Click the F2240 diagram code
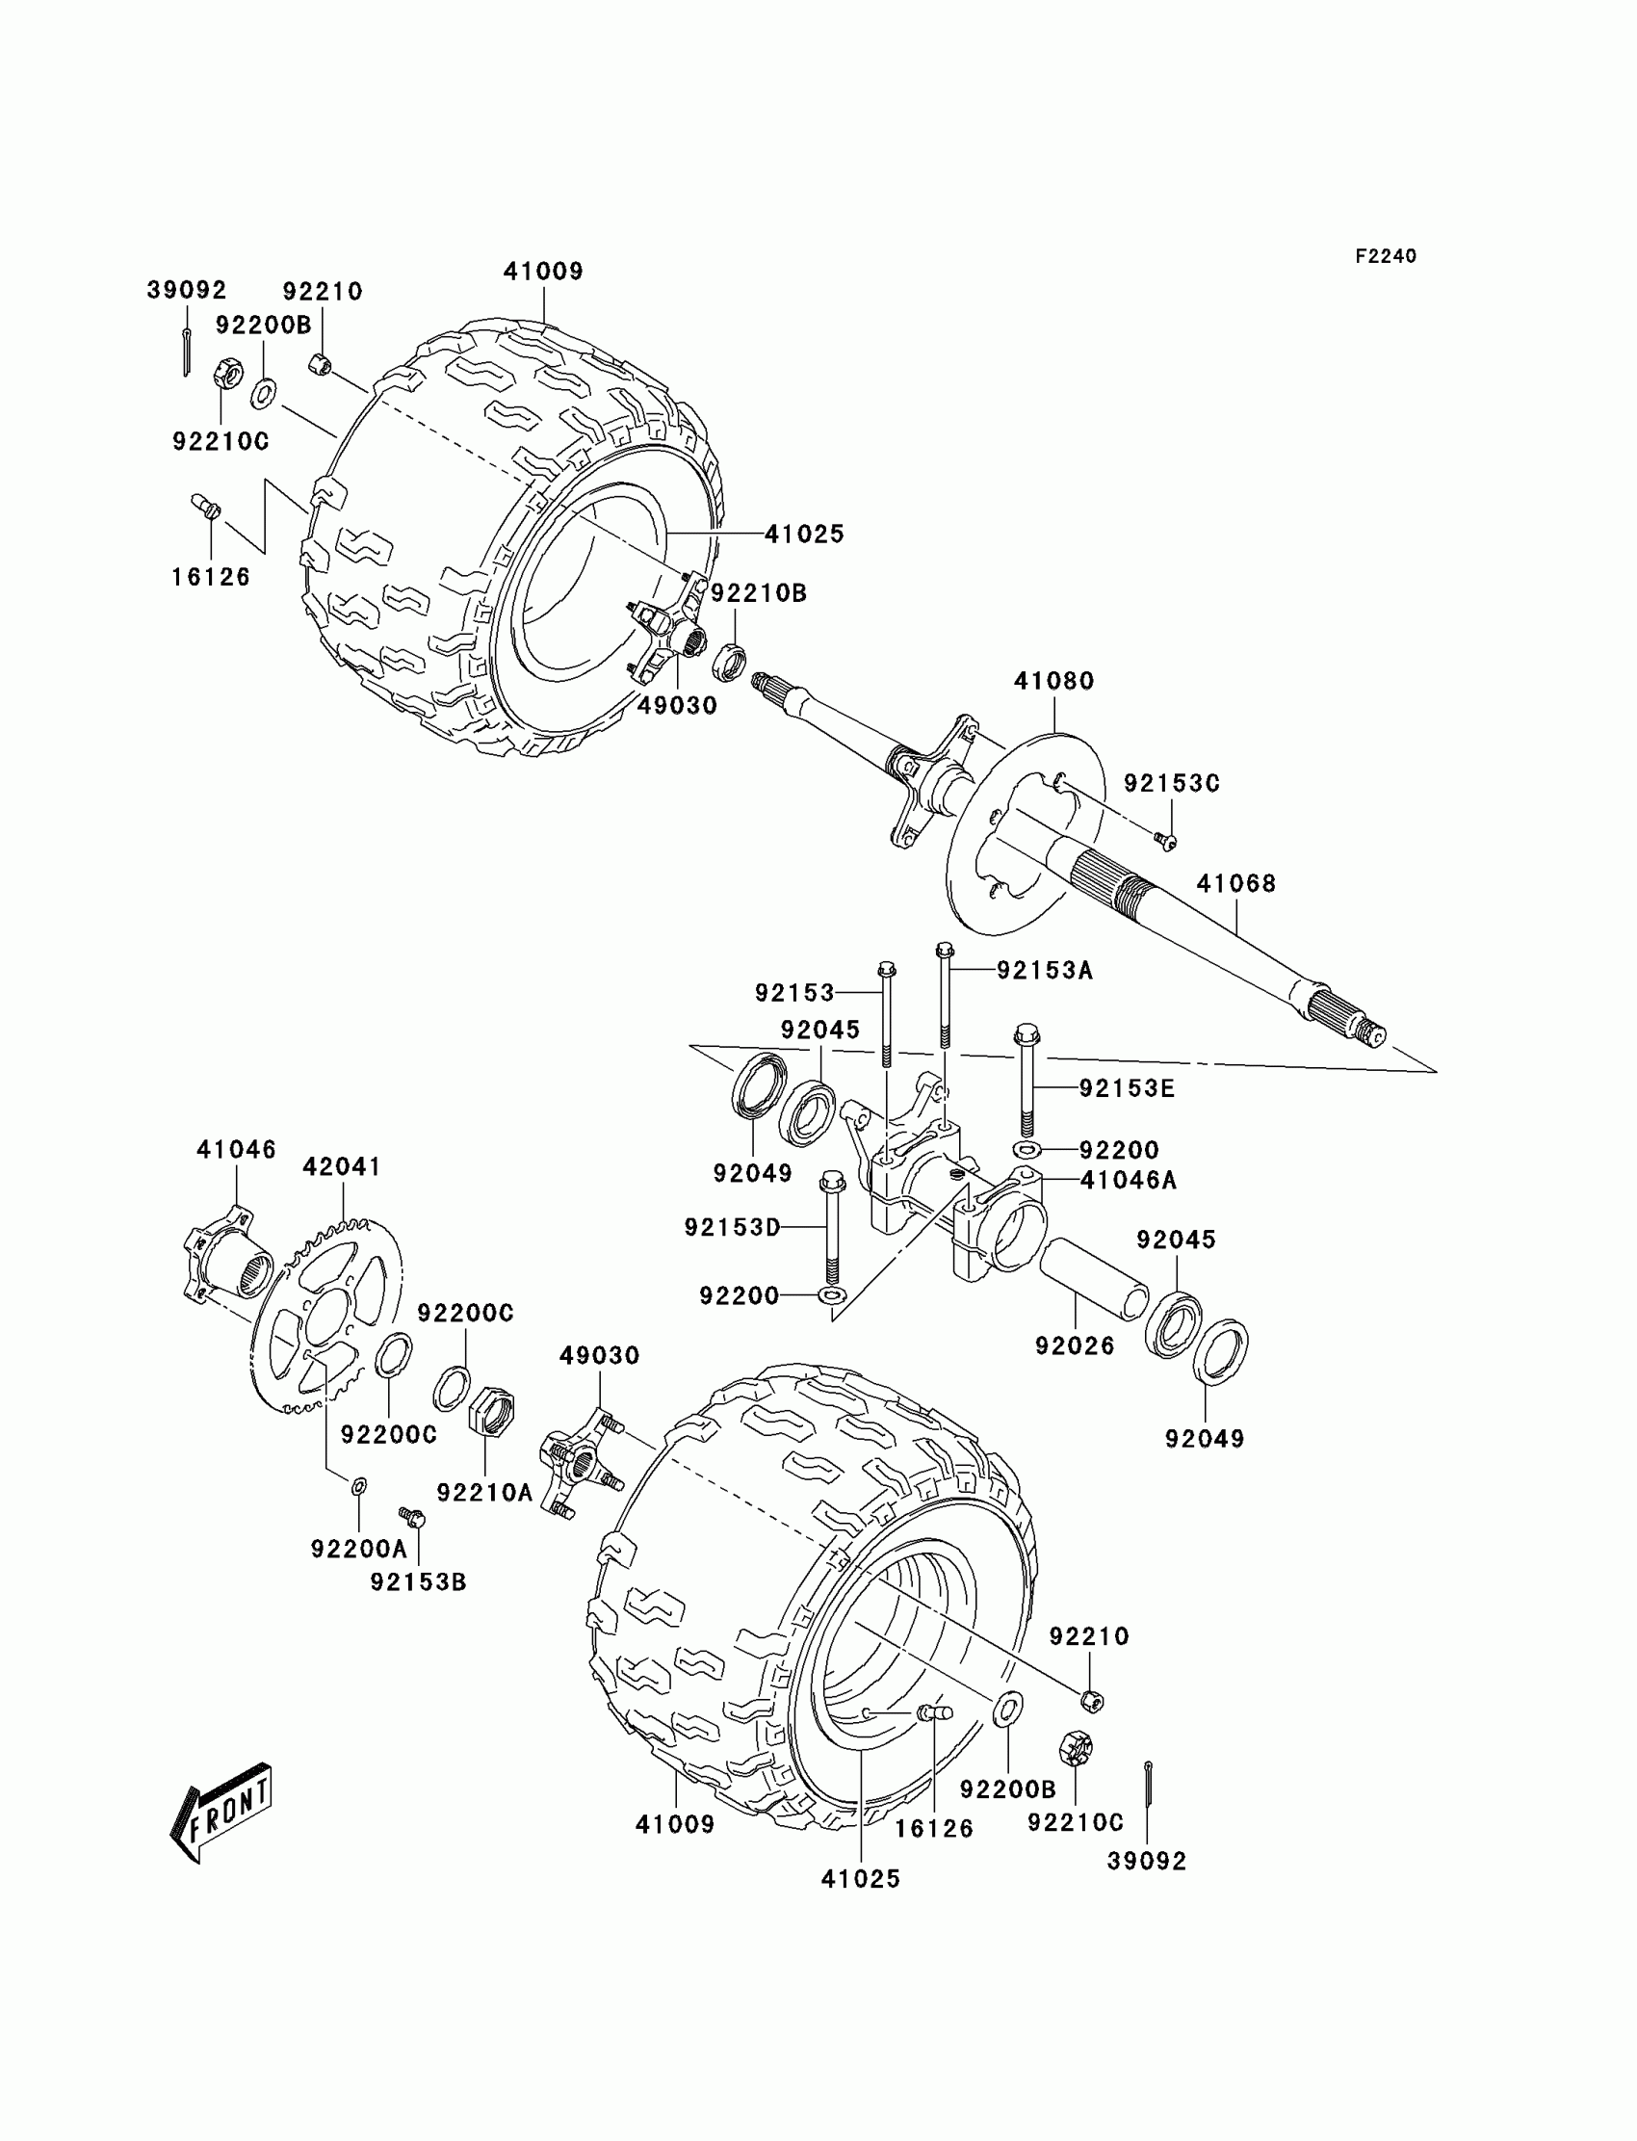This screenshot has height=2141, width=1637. coord(1385,256)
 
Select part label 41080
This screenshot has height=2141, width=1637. coord(1053,681)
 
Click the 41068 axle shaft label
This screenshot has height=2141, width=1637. coord(1235,884)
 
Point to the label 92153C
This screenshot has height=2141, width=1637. coord(1171,784)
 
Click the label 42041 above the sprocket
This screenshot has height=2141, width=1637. coord(341,1166)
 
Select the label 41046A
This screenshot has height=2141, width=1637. coord(1129,1181)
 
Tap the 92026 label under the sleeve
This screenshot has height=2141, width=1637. coord(1075,1345)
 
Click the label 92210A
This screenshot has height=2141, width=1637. coord(484,1493)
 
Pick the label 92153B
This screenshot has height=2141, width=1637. coord(418,1582)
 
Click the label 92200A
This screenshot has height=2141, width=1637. coord(358,1549)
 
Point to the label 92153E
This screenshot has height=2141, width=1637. coord(1127,1088)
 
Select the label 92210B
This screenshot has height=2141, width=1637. coord(758,593)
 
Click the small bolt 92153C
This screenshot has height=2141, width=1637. coord(1164,840)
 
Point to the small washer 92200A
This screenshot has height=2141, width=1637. coord(358,1486)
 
